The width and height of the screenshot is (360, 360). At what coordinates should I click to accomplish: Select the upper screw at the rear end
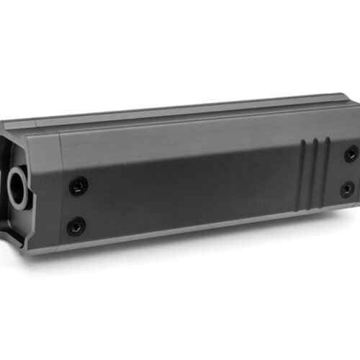click(x=351, y=153)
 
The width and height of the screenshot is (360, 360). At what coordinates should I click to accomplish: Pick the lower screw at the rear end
click(x=347, y=189)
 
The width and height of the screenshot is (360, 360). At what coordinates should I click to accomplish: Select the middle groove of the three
click(x=315, y=169)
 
